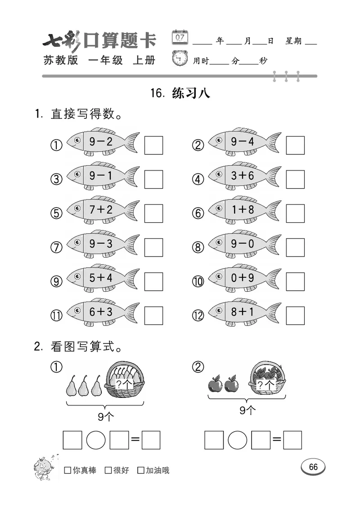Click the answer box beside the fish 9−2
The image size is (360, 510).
[x=153, y=145]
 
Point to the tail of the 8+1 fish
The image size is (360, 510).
[x=272, y=311]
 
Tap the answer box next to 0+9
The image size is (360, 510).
[x=295, y=281]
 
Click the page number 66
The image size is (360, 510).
[x=313, y=467]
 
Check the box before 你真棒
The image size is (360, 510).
[x=67, y=470]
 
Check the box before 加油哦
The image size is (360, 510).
[x=141, y=470]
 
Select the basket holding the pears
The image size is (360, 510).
[x=125, y=381]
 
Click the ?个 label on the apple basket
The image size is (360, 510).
[x=266, y=385]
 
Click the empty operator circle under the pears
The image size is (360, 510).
[x=96, y=440]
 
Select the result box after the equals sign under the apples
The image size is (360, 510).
[x=292, y=440]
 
